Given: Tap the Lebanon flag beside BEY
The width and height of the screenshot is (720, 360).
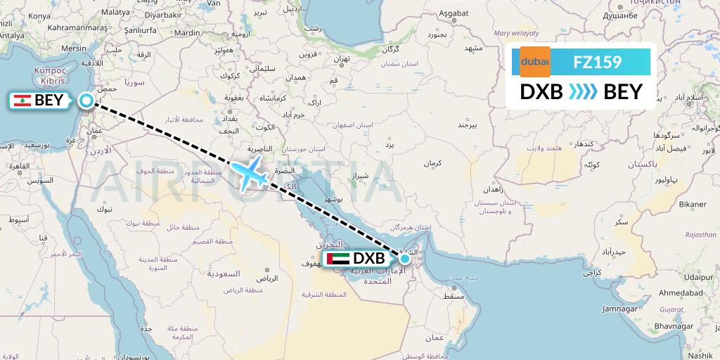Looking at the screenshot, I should click(x=23, y=101).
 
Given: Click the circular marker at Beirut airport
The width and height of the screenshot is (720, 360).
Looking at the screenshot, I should click(x=86, y=101).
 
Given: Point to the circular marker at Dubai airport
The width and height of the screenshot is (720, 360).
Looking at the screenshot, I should click(x=404, y=259).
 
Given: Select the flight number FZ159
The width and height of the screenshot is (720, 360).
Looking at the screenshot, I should click(x=597, y=62).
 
